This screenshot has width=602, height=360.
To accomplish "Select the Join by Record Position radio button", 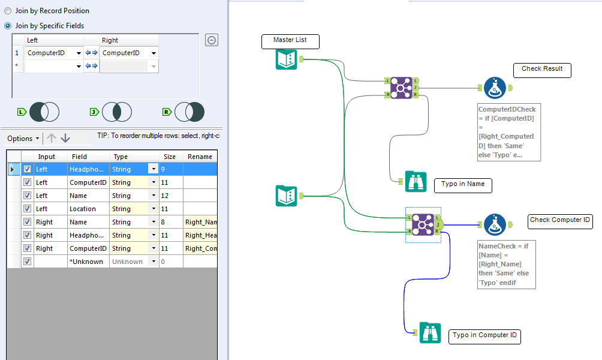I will click(8, 11).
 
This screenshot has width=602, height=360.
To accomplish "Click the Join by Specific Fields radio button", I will click(8, 26).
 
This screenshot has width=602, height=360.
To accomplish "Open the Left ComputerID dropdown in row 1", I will click(79, 53).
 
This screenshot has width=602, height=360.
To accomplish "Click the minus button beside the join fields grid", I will click(212, 40).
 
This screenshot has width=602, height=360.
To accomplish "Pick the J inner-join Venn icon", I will click(116, 112).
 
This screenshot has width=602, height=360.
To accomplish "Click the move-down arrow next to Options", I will click(65, 138).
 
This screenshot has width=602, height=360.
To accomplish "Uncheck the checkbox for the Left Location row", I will click(27, 209).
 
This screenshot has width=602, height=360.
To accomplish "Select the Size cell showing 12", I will click(170, 196).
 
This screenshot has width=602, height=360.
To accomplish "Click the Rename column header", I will click(200, 157).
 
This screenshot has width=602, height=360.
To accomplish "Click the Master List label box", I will click(290, 41).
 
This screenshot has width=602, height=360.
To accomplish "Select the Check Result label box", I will click(542, 70).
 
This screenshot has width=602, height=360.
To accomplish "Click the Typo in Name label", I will click(462, 185).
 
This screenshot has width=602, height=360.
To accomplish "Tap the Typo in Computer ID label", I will click(484, 336).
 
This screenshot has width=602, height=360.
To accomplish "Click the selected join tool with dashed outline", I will click(423, 224).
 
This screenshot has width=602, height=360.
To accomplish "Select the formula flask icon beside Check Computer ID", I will click(495, 224).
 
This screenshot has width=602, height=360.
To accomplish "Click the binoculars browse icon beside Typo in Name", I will click(416, 181).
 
